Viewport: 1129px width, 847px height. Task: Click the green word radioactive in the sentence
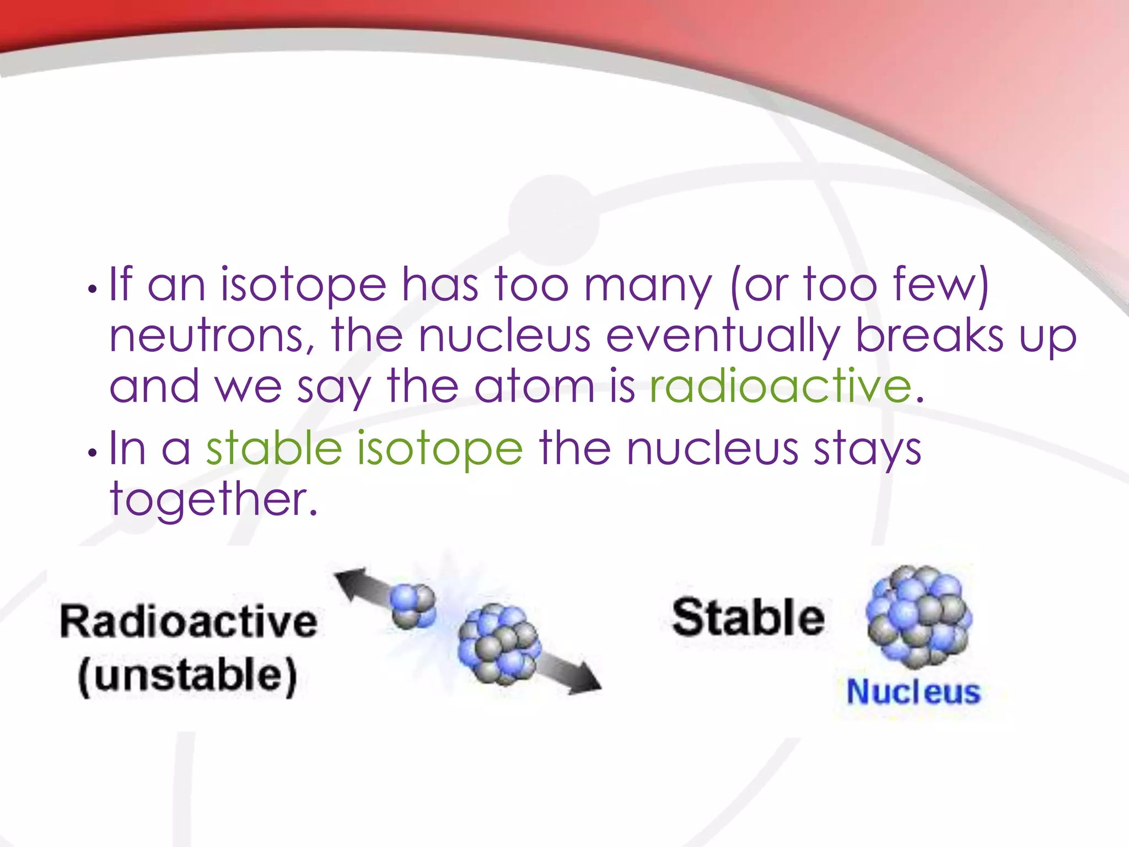pos(781,387)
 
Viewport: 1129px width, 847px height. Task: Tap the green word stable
pos(274,448)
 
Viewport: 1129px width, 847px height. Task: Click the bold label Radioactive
pos(189,621)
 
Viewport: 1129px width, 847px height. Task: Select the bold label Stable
pos(748,618)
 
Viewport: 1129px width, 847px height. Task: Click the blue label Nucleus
pos(913,692)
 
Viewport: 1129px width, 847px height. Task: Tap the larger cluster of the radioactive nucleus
pos(499,644)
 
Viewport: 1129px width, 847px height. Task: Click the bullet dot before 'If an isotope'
pos(93,289)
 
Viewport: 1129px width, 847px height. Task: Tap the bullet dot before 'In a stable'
pos(93,453)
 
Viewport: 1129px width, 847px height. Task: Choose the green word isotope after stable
pos(439,448)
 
